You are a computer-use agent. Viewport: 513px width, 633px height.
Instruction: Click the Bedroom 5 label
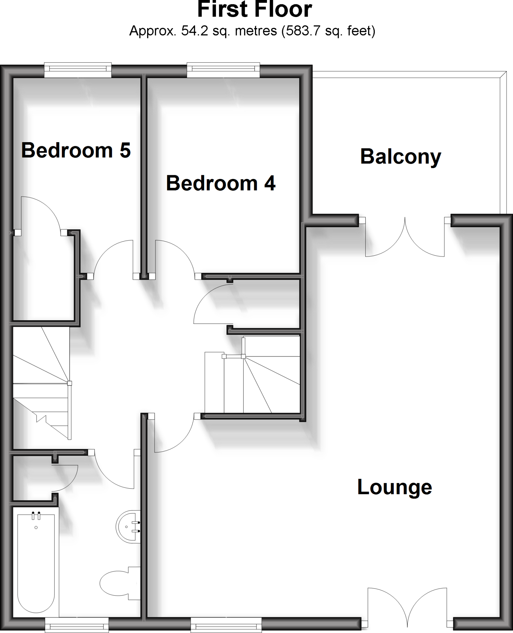coord(76,151)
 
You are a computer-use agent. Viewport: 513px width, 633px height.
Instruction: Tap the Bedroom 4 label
coord(221,183)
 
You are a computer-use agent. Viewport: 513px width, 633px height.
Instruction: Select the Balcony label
coord(401,157)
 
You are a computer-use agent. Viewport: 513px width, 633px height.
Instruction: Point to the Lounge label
coord(394,487)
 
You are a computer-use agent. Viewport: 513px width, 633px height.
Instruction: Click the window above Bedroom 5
coord(78,70)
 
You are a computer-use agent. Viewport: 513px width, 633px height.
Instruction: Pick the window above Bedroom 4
coord(223,70)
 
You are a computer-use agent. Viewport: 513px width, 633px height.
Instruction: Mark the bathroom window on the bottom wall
coord(77,626)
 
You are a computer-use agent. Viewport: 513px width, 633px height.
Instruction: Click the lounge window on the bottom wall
coord(226,626)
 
